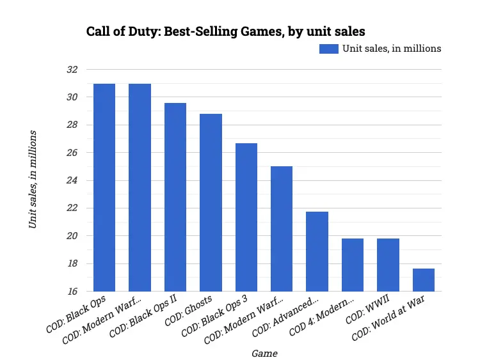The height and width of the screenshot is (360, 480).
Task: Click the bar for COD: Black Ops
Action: (x=104, y=187)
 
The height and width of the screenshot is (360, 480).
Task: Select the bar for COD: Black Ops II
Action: (x=175, y=197)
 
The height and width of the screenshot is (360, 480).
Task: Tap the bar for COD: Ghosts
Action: (x=211, y=202)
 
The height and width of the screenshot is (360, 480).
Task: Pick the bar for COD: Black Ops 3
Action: (x=246, y=217)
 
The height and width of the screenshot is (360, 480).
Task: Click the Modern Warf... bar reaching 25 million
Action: (x=282, y=228)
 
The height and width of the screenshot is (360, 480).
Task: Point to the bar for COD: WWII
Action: (x=388, y=265)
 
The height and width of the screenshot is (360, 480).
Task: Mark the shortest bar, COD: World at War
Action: (x=424, y=279)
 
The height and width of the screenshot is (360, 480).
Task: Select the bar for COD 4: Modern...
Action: (x=353, y=265)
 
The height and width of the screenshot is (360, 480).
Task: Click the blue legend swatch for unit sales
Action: (x=328, y=49)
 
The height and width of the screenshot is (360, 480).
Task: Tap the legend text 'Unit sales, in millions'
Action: (x=392, y=49)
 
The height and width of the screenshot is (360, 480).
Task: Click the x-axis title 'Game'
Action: (x=264, y=352)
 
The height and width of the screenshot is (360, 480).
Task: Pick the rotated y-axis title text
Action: (x=33, y=179)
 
